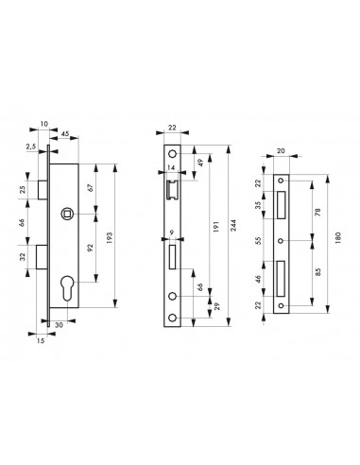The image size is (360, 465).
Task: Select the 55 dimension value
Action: [x=259, y=242]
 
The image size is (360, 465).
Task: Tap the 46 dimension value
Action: [x=259, y=281]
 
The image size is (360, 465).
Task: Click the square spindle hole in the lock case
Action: [x=65, y=213]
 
